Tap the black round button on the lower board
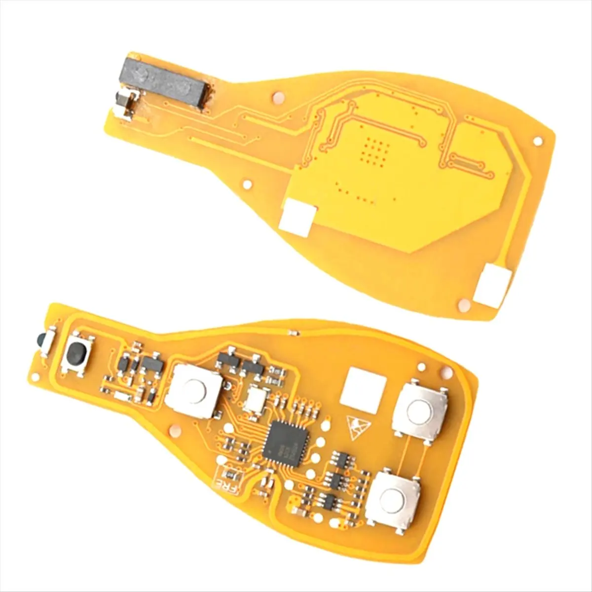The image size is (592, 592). [x=75, y=353]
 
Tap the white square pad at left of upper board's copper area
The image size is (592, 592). [x=297, y=216]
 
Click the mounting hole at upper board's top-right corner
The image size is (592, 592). [x=537, y=142]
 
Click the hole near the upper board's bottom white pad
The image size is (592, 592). [x=463, y=305]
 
